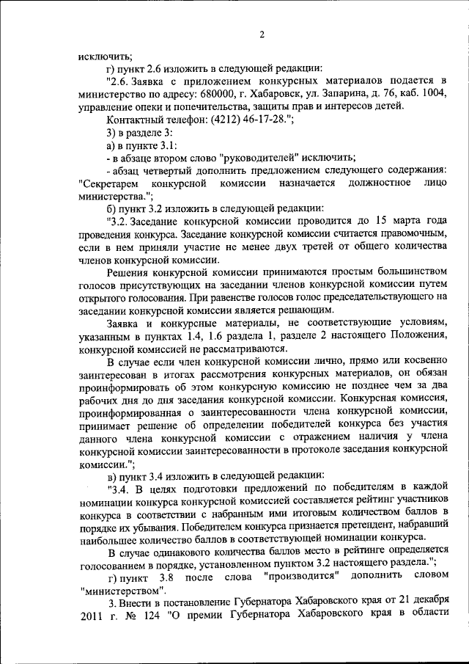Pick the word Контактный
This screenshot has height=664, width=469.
click(x=136, y=120)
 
